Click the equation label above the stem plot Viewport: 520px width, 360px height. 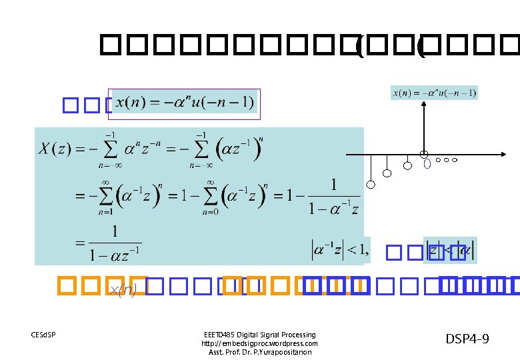(434, 93)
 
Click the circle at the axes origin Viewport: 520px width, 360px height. (424, 154)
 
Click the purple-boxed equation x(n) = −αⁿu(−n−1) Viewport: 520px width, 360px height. (185, 104)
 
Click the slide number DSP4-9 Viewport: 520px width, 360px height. (467, 340)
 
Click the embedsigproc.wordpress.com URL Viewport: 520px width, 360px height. (259, 343)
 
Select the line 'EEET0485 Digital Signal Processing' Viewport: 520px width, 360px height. (259, 335)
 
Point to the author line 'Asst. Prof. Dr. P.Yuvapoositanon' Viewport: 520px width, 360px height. (259, 352)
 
